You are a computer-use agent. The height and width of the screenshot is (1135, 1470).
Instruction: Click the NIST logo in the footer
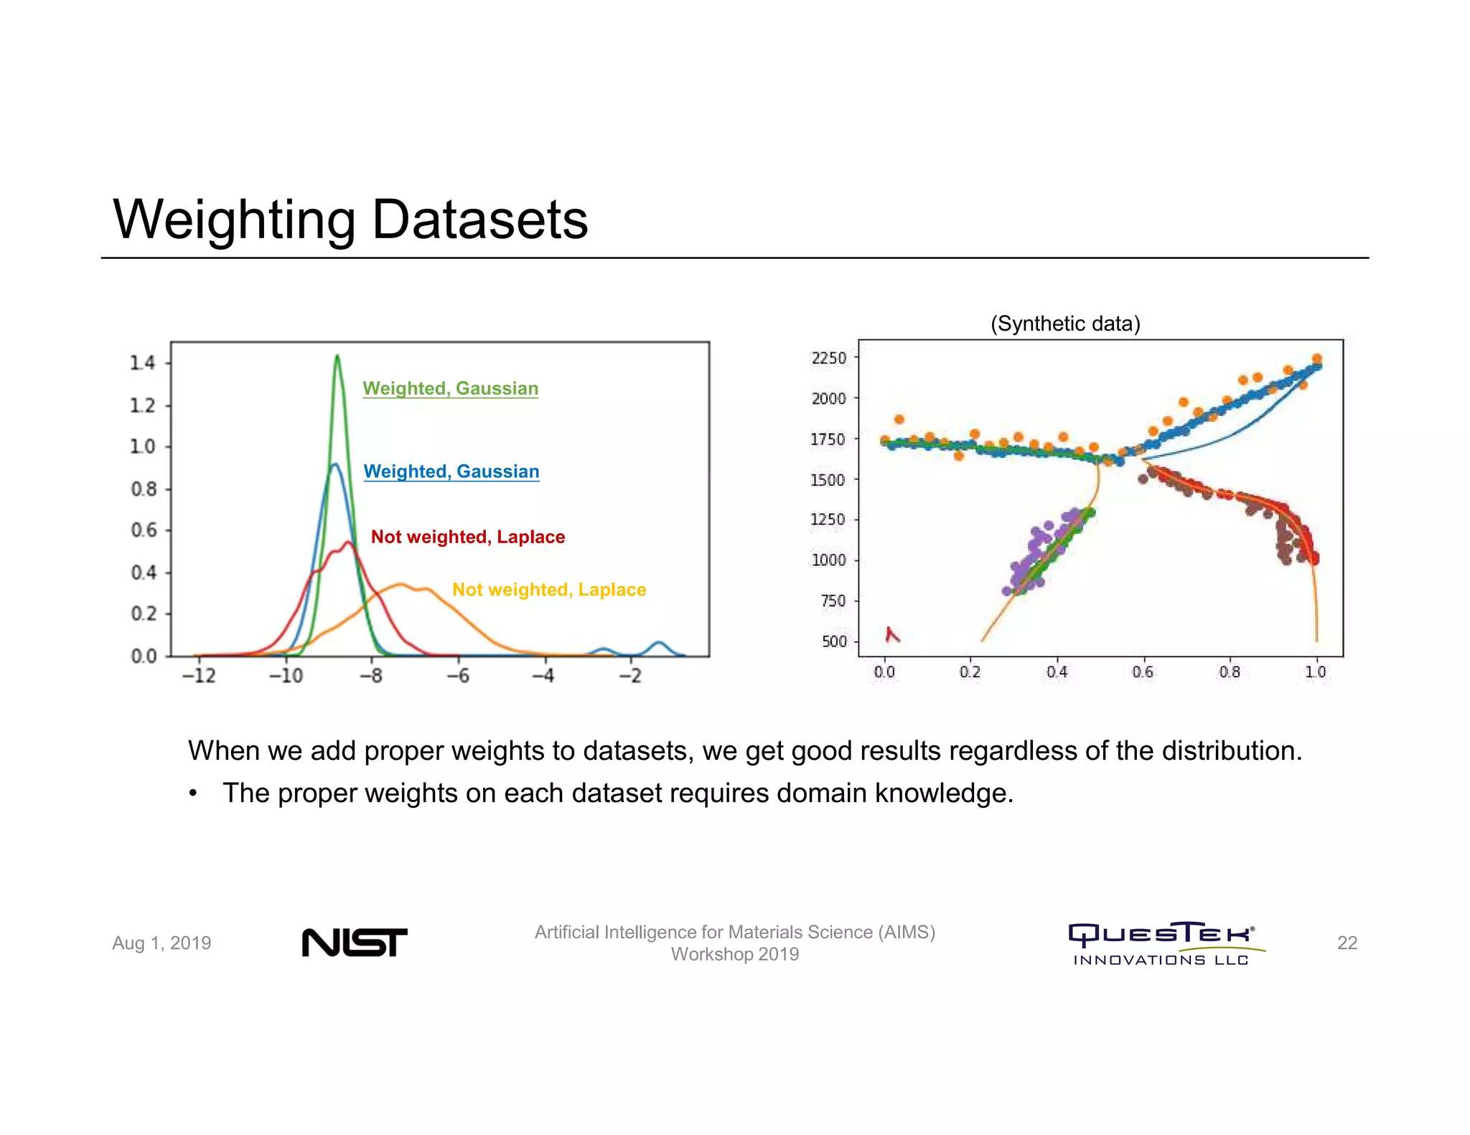click(354, 942)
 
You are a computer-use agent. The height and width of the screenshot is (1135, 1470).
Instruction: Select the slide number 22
click(1347, 943)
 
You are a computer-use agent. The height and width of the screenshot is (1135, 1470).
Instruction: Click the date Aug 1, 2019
click(161, 943)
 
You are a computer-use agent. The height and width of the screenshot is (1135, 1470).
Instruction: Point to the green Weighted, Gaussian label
click(450, 388)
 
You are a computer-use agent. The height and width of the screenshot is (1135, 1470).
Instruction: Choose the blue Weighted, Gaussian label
click(451, 471)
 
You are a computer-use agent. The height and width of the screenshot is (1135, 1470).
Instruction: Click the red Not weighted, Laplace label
click(467, 537)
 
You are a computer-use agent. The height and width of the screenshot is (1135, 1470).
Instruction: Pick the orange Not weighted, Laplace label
click(549, 590)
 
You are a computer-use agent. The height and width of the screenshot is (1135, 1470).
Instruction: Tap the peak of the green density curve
click(337, 356)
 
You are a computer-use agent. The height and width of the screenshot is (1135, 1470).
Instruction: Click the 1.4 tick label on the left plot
click(142, 363)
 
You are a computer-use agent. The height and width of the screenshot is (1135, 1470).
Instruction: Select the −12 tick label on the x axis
click(199, 676)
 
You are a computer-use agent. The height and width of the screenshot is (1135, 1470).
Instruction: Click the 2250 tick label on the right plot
click(829, 358)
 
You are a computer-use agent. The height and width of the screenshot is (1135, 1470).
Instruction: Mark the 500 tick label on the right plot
click(834, 641)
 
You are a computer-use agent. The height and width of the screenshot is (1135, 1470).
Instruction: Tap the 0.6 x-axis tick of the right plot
click(1143, 672)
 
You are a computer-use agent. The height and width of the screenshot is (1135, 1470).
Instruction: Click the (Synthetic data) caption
click(1065, 324)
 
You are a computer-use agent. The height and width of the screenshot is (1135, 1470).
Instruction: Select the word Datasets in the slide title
click(479, 220)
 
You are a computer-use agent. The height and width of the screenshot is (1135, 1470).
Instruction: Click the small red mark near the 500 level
click(891, 634)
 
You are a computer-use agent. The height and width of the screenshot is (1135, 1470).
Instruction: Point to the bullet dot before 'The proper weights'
click(192, 794)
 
